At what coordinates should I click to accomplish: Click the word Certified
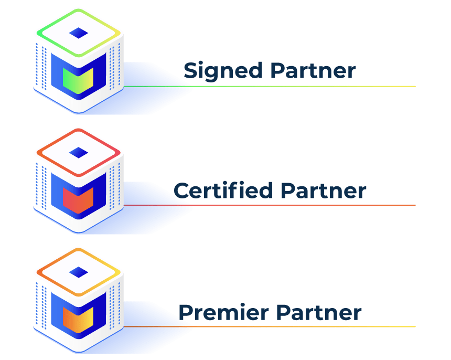pyautogui.click(x=224, y=190)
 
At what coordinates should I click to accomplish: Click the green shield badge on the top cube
pyautogui.click(x=77, y=80)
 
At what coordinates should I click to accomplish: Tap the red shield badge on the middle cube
pyautogui.click(x=77, y=200)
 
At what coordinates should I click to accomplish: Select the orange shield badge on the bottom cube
pyautogui.click(x=77, y=320)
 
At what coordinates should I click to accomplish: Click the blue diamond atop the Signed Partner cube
pyautogui.click(x=79, y=33)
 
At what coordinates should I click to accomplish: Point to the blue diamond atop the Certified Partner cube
pyautogui.click(x=79, y=153)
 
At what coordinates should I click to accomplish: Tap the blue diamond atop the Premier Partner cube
pyautogui.click(x=79, y=272)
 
